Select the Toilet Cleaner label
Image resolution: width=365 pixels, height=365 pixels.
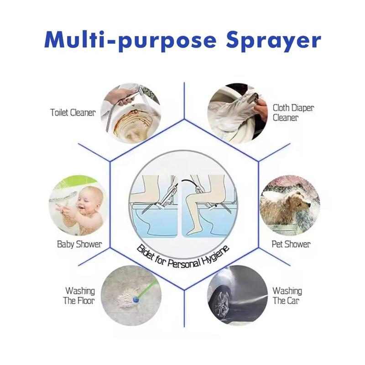tap(73, 112)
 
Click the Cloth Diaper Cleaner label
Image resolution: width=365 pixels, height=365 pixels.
tap(293, 113)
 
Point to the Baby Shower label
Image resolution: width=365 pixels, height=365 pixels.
tap(79, 244)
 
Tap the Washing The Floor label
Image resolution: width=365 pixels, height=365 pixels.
tap(79, 296)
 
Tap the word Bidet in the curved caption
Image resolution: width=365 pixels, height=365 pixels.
tap(147, 254)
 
